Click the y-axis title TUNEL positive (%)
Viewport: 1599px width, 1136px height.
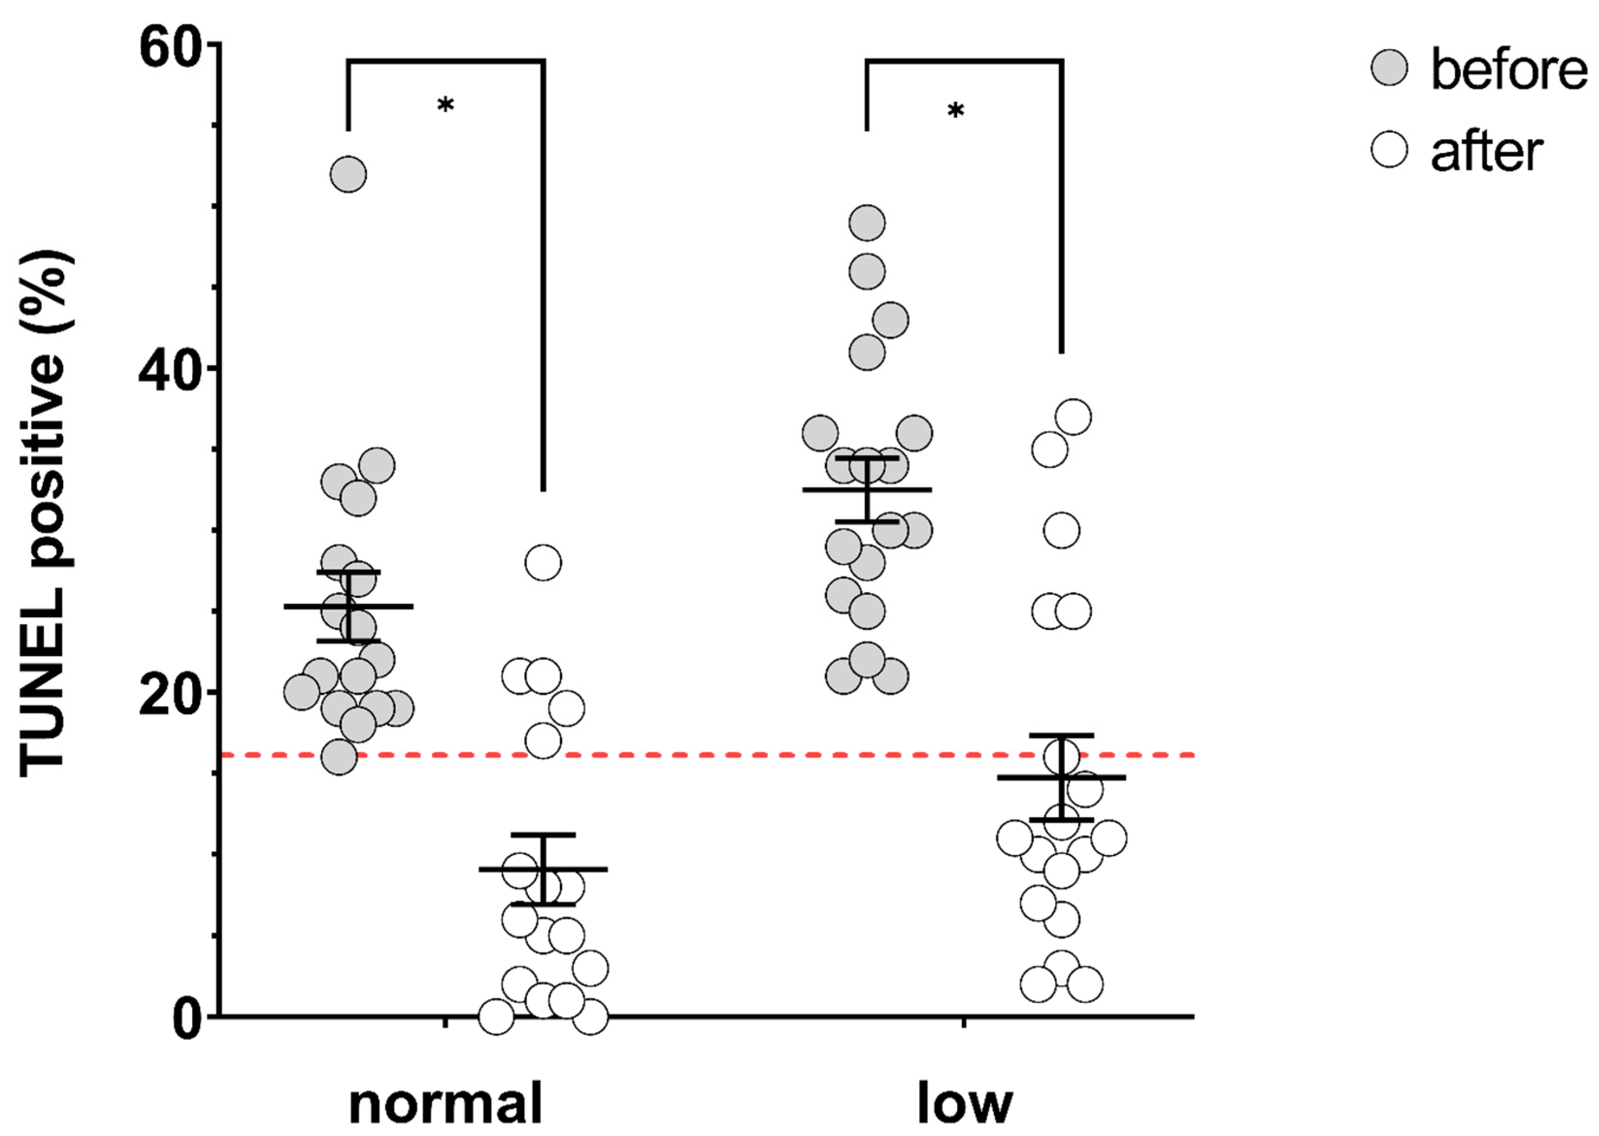click(46, 514)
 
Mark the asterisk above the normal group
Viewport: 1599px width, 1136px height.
click(445, 106)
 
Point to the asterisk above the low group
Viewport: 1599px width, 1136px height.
click(956, 111)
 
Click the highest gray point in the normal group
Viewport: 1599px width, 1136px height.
click(348, 174)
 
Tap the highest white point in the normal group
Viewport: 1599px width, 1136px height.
click(544, 563)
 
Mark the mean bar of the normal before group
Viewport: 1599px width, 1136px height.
click(348, 606)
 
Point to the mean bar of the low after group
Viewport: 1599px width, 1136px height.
click(1061, 777)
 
